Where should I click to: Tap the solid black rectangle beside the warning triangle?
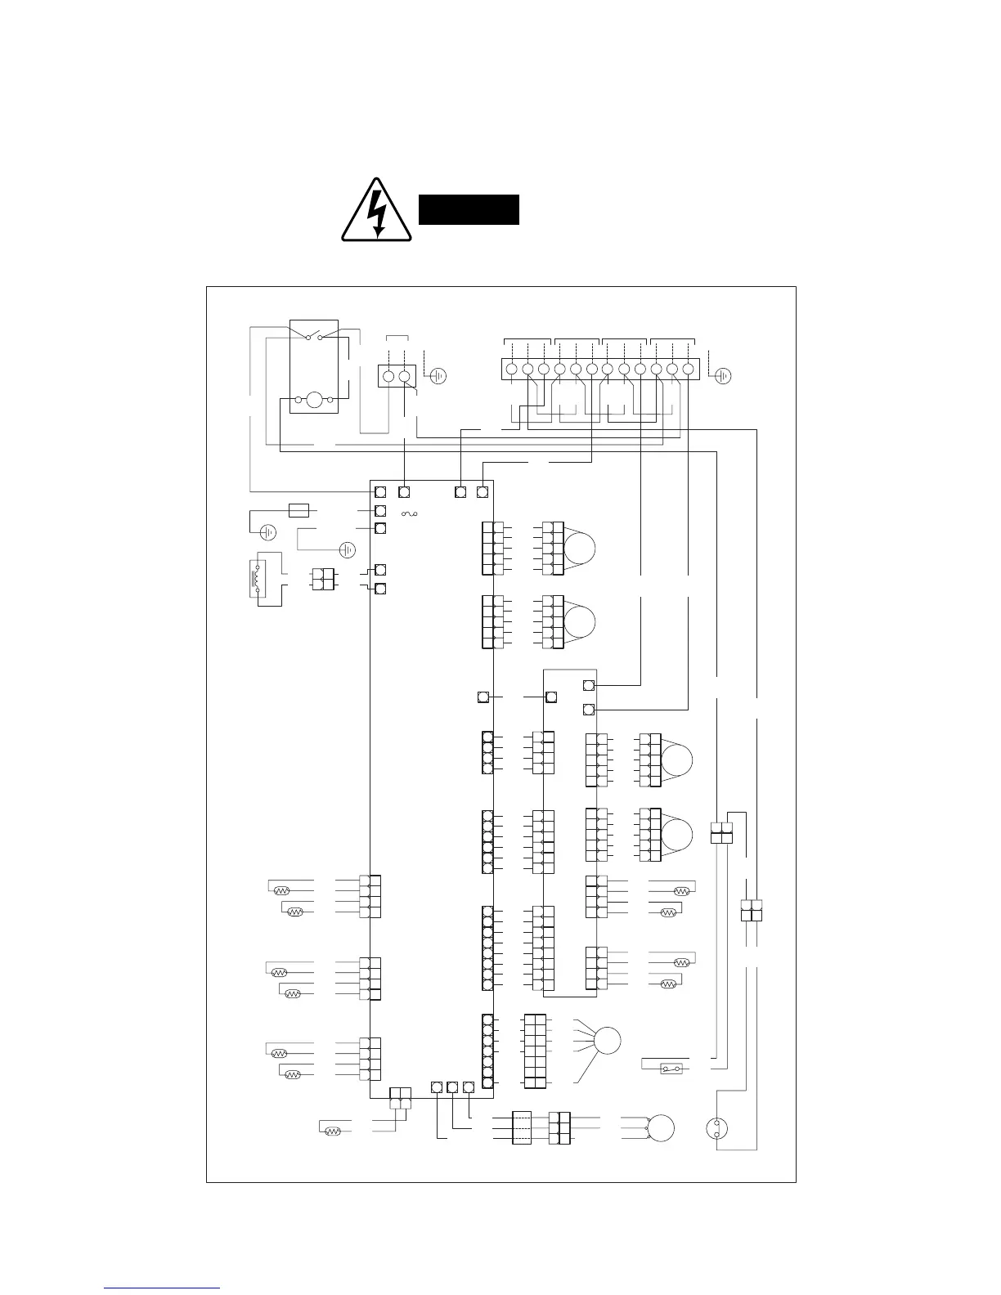pyautogui.click(x=469, y=209)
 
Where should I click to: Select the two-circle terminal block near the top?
pyautogui.click(x=397, y=376)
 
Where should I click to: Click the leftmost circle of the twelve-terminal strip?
pyautogui.click(x=511, y=370)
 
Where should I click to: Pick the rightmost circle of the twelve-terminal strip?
pyautogui.click(x=688, y=370)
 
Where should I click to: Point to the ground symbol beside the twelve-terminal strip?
pyautogui.click(x=723, y=376)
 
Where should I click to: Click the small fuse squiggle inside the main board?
pyautogui.click(x=409, y=513)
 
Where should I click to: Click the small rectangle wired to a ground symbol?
pyautogui.click(x=299, y=511)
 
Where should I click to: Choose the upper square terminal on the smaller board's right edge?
pyautogui.click(x=589, y=685)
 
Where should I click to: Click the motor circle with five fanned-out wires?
pyautogui.click(x=607, y=1041)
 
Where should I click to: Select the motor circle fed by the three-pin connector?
pyautogui.click(x=661, y=1128)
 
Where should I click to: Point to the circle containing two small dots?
pyautogui.click(x=716, y=1130)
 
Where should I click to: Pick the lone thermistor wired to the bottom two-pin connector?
pyautogui.click(x=332, y=1131)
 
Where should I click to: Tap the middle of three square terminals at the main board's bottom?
pyautogui.click(x=452, y=1087)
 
